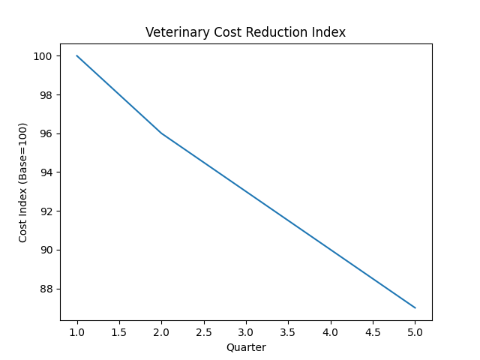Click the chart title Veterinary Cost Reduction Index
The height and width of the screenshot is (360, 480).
coord(245,32)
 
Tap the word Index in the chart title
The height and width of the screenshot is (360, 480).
coord(330,32)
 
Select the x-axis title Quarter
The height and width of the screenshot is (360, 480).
coord(245,347)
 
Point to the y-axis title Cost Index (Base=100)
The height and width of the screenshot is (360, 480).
coord(23,182)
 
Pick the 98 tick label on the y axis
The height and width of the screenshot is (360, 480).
coord(46,95)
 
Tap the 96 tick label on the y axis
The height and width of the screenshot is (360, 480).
coord(46,133)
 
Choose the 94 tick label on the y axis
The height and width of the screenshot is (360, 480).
coord(46,172)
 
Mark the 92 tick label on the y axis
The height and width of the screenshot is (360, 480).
coord(46,211)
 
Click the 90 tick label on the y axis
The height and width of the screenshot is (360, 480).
coord(46,250)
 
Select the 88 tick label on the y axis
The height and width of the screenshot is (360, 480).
coord(46,289)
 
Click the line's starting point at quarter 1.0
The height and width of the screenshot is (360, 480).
coord(77,55)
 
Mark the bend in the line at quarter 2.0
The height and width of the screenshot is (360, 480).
coord(161,133)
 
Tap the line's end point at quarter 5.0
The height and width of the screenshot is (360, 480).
coord(415,307)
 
